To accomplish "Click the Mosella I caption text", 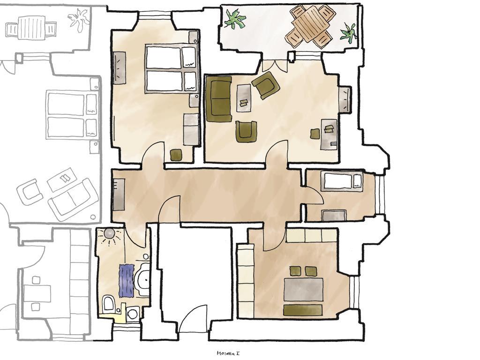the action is (x=228, y=353).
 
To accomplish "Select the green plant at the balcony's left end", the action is (x=234, y=19).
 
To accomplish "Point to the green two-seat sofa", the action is (x=219, y=99).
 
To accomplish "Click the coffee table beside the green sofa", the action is (x=244, y=98).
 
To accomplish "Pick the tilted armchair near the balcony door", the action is (x=265, y=84).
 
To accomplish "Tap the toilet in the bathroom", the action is (x=108, y=304).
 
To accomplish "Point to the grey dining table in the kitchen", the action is (x=304, y=289).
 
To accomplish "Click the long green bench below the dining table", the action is (x=303, y=310).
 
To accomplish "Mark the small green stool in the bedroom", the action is (x=176, y=155).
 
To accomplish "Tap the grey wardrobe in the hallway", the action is (x=119, y=195).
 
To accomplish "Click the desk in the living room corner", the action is (x=329, y=135).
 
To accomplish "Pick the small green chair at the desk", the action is (x=315, y=134).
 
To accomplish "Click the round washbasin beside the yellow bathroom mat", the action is (x=133, y=314).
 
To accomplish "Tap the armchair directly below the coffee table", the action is (x=246, y=131).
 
